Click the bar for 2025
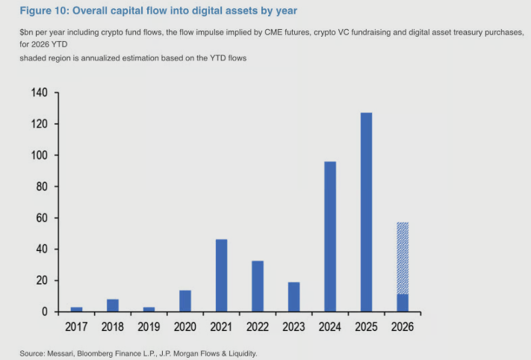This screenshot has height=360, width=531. point(366,212)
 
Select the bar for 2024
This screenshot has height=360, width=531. point(329,236)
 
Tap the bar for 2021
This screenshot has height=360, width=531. point(221,275)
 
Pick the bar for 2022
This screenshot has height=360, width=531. point(258,286)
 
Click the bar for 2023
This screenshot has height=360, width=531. point(294,297)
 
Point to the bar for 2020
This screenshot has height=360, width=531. point(185,301)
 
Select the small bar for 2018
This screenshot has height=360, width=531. point(113,305)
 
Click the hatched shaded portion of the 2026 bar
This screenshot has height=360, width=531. point(402,258)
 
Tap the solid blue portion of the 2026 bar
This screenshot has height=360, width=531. point(402,302)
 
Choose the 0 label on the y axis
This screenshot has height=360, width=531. point(45,311)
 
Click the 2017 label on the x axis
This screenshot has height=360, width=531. point(76,327)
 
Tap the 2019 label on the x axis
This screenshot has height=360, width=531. point(149,327)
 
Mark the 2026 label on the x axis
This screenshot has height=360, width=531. point(402,327)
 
